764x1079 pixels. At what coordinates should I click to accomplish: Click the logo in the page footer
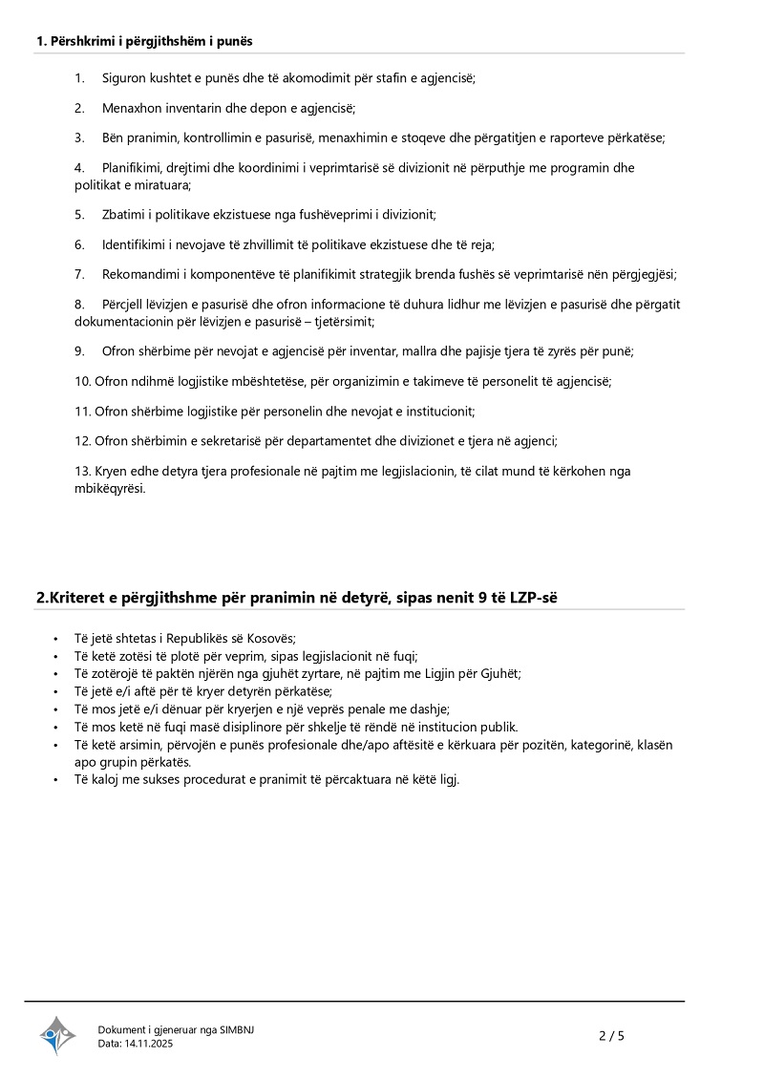56,1035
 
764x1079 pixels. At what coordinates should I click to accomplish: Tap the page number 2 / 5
611,1035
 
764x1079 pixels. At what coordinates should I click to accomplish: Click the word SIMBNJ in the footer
237,1029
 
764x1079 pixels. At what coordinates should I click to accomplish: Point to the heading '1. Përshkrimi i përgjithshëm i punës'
144,41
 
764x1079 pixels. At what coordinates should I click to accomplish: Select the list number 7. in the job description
80,274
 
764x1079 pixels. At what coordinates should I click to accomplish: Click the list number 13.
82,471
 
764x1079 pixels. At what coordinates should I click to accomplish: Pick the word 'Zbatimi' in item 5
122,214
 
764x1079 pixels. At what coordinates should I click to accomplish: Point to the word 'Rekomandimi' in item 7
137,274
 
